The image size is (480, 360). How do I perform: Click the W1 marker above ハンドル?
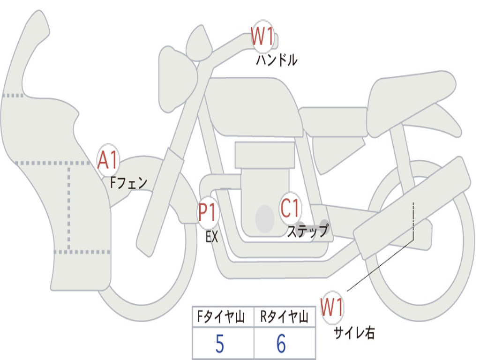tap(262, 37)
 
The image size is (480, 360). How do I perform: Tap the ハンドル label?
tap(277, 60)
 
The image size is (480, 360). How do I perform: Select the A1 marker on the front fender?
tap(108, 161)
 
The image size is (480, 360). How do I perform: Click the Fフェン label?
tap(128, 182)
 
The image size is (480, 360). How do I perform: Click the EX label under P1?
tap(212, 237)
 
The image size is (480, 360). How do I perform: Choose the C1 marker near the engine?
tap(291, 207)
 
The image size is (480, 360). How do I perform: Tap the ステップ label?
tap(307, 231)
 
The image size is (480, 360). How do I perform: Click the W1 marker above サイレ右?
tap(332, 308)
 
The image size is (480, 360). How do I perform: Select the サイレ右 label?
tap(354, 333)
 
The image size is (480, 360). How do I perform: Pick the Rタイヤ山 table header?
tap(284, 318)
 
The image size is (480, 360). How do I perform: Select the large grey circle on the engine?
tap(264, 218)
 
